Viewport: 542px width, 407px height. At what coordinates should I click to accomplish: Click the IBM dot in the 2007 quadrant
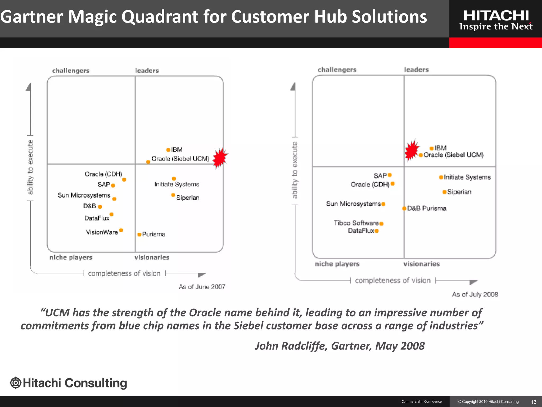coord(168,150)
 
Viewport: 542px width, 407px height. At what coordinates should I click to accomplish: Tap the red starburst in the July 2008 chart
coord(412,150)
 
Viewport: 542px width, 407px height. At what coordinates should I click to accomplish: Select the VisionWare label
coord(102,232)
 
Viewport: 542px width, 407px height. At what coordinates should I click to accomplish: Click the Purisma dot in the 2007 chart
coord(139,235)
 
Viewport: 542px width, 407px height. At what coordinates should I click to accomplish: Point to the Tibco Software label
coord(356,223)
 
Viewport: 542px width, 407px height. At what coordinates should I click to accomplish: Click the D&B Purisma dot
coord(404,209)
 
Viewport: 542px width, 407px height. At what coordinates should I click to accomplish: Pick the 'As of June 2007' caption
coord(202,287)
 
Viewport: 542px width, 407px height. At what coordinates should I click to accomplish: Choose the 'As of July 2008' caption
coord(475,294)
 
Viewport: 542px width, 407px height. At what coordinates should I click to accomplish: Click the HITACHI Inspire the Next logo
coord(496,20)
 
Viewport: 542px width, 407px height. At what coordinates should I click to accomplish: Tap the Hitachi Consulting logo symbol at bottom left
coord(16,383)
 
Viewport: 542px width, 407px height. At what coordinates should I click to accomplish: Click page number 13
coord(534,402)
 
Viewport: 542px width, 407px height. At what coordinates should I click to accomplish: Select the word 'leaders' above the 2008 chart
coord(416,70)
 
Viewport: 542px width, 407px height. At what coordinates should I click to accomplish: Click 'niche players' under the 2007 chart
coord(71,257)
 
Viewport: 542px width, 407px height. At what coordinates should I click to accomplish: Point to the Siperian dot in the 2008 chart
coord(444,192)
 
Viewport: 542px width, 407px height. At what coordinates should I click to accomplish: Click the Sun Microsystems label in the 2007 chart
coord(84,195)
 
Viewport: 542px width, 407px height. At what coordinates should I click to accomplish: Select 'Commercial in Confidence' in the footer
coord(421,401)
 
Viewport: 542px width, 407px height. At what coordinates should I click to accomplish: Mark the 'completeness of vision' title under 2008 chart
coord(392,280)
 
